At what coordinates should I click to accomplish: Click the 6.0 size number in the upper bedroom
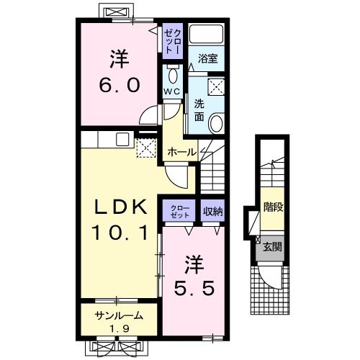pyautogui.click(x=120, y=86)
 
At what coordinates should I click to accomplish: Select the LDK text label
pyautogui.click(x=121, y=207)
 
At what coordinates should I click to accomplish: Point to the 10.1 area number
pyautogui.click(x=120, y=233)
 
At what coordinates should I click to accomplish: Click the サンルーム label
pyautogui.click(x=119, y=316)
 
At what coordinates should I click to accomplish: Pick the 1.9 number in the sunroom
pyautogui.click(x=120, y=328)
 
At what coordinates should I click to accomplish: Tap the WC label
pyautogui.click(x=172, y=91)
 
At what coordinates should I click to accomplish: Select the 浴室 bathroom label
pyautogui.click(x=208, y=58)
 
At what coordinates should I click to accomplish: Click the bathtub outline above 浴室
pyautogui.click(x=206, y=34)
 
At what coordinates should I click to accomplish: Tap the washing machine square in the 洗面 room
pyautogui.click(x=216, y=86)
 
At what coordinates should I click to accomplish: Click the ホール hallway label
pyautogui.click(x=182, y=152)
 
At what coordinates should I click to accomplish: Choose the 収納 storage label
pyautogui.click(x=212, y=211)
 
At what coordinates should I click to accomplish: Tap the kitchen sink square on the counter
pyautogui.click(x=122, y=139)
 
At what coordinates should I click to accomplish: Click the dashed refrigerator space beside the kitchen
pyautogui.click(x=146, y=148)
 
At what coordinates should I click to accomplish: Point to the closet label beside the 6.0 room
pyautogui.click(x=173, y=41)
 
